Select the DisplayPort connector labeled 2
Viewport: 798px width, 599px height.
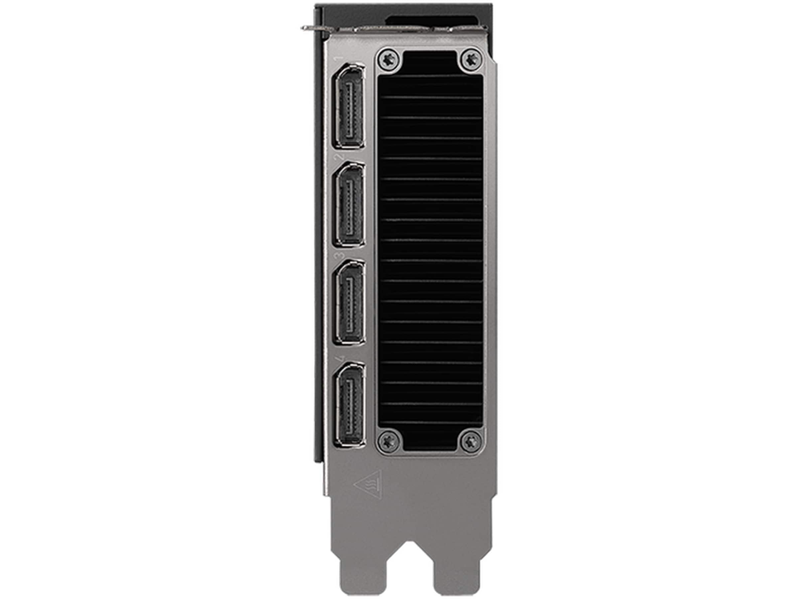click(x=349, y=205)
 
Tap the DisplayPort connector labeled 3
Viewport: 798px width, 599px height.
click(x=349, y=302)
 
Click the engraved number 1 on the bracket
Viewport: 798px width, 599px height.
click(x=339, y=59)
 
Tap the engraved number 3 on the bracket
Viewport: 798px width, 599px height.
click(x=339, y=255)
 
